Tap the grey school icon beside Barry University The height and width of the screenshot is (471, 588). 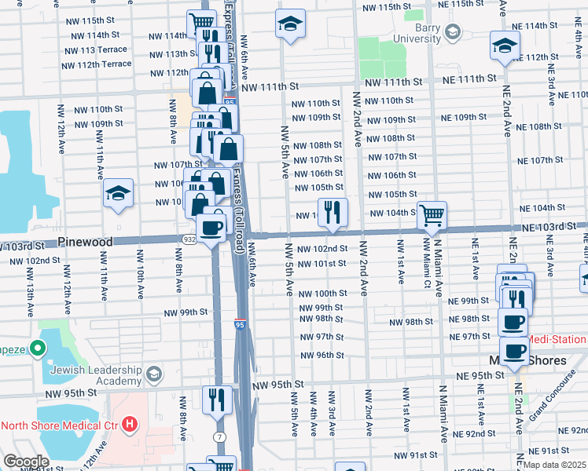point(451,32)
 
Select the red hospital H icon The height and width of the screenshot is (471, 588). point(129,426)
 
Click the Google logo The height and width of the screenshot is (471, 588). point(26,461)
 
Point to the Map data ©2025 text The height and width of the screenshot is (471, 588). point(555,465)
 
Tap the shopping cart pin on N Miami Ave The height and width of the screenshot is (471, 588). point(432,214)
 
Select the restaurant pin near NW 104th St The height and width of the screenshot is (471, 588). point(333,212)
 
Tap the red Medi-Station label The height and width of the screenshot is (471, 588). point(557,340)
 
